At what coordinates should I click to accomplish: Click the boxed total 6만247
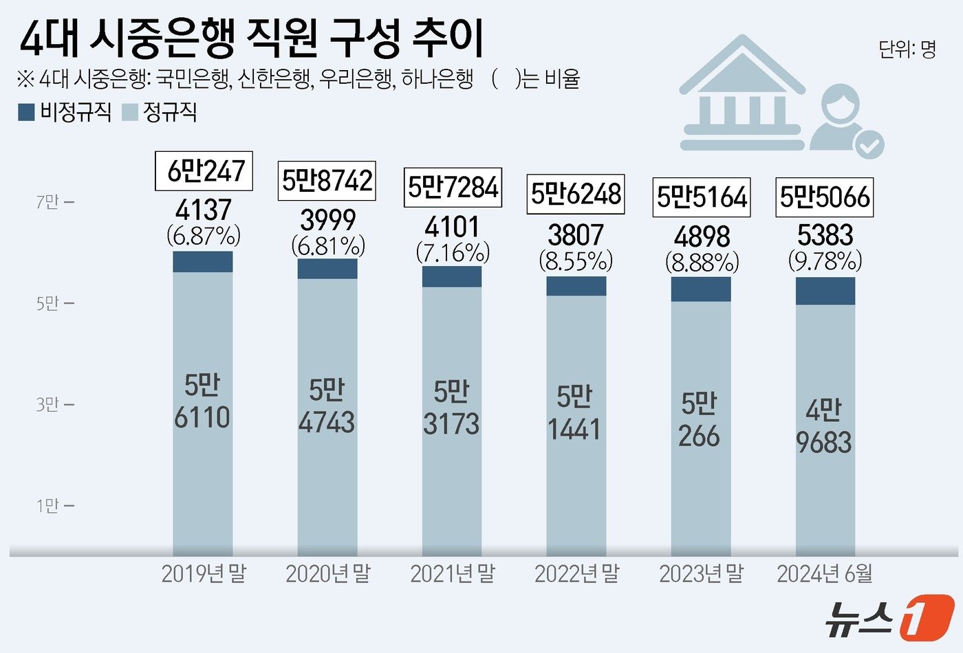[x=204, y=170]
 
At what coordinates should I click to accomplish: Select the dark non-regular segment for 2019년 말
[x=203, y=262]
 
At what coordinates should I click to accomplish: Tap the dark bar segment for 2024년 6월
[x=825, y=291]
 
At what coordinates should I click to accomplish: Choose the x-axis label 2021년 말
[x=452, y=573]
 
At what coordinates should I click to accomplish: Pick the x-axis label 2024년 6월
[x=825, y=573]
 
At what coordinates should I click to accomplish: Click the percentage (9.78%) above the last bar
[x=825, y=261]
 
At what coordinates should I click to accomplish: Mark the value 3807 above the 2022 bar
[x=576, y=235]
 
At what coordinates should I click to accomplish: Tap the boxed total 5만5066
[x=825, y=197]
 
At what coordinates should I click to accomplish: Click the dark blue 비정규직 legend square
[x=26, y=113]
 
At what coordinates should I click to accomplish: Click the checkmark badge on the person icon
[x=869, y=144]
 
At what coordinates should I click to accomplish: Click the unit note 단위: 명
[x=907, y=49]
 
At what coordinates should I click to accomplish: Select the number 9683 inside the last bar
[x=824, y=443]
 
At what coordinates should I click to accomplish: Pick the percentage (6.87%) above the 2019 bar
[x=204, y=236]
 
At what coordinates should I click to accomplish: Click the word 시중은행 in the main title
[x=162, y=38]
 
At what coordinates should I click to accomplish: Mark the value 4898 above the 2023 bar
[x=702, y=236]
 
